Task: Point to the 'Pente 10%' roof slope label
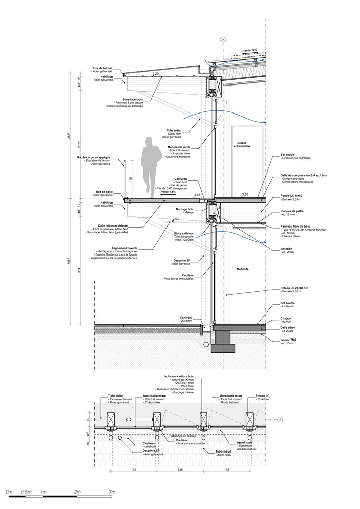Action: pyautogui.click(x=250, y=50)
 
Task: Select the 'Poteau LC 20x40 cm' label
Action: pyautogui.click(x=297, y=287)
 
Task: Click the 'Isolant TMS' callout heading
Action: pyautogui.click(x=290, y=339)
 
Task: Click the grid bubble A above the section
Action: pyautogui.click(x=222, y=39)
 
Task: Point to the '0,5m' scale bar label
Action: pyautogui.click(x=26, y=492)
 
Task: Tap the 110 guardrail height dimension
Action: pyautogui.click(x=130, y=179)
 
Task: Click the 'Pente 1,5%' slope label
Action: pyautogui.click(x=169, y=192)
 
